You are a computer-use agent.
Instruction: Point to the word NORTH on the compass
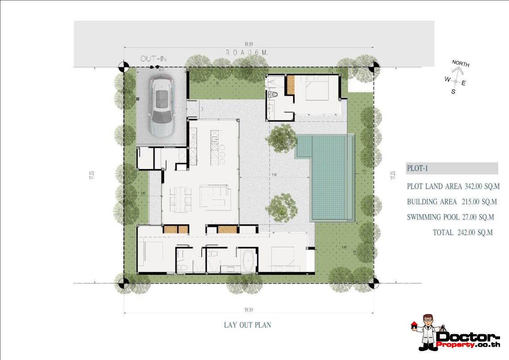tap(460, 63)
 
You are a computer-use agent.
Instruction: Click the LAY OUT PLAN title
tap(247, 325)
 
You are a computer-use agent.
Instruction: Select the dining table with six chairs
tap(180, 197)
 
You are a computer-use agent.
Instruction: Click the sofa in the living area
tap(216, 197)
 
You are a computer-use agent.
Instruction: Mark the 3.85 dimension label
tap(143, 194)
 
